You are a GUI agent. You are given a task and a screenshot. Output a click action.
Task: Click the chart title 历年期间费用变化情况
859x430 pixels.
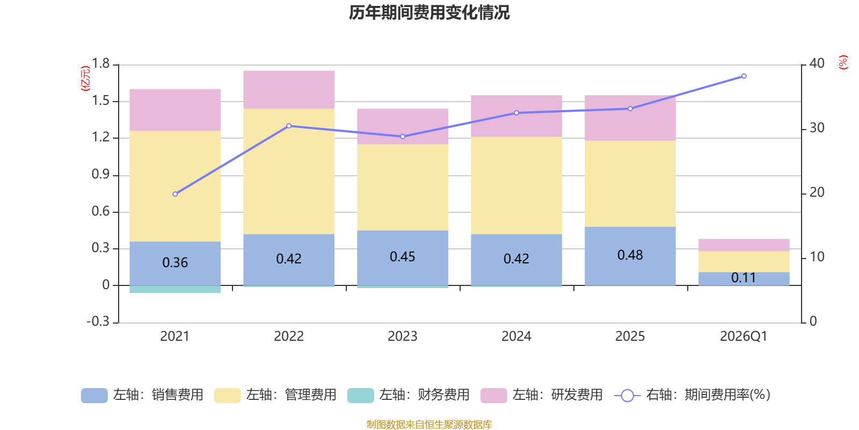pyautogui.click(x=429, y=12)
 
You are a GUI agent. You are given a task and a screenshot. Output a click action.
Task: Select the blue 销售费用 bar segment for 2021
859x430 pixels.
pyautogui.click(x=175, y=263)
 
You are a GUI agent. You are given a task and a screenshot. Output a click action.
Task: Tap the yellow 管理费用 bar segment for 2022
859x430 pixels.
pyautogui.click(x=289, y=171)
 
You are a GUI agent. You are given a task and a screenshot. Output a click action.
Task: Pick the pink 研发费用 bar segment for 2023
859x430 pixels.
pyautogui.click(x=403, y=126)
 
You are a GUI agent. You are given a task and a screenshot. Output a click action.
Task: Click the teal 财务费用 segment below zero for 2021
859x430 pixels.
pyautogui.click(x=175, y=290)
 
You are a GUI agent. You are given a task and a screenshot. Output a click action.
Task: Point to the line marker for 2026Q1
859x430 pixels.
pyautogui.click(x=744, y=76)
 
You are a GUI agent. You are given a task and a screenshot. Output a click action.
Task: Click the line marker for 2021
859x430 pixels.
pyautogui.click(x=175, y=194)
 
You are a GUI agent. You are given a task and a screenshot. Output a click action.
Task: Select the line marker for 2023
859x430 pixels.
pyautogui.click(x=403, y=137)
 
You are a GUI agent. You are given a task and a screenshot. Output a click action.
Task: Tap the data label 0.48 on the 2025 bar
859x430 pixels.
pyautogui.click(x=630, y=255)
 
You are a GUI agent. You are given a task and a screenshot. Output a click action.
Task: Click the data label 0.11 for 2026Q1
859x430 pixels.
pyautogui.click(x=744, y=278)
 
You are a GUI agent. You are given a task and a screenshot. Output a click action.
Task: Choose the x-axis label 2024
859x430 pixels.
pyautogui.click(x=516, y=336)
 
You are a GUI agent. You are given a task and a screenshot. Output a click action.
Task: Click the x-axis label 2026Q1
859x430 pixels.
pyautogui.click(x=744, y=336)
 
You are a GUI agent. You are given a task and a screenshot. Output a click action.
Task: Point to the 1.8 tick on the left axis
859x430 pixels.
pyautogui.click(x=100, y=64)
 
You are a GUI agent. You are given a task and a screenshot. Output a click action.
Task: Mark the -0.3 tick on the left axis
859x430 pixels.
pyautogui.click(x=98, y=321)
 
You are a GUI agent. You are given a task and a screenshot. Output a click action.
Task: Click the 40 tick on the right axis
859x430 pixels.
pyautogui.click(x=817, y=63)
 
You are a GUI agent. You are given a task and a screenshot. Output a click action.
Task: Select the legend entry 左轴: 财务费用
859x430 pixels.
pyautogui.click(x=409, y=395)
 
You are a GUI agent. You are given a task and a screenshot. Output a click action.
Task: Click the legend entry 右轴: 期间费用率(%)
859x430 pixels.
pyautogui.click(x=692, y=395)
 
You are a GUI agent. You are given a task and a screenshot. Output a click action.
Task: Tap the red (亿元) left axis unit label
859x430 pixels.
pyautogui.click(x=85, y=78)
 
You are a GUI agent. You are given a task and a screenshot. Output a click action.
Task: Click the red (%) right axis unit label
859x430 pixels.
pyautogui.click(x=843, y=62)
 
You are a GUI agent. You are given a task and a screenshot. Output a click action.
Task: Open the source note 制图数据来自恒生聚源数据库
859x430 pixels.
pyautogui.click(x=429, y=425)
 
